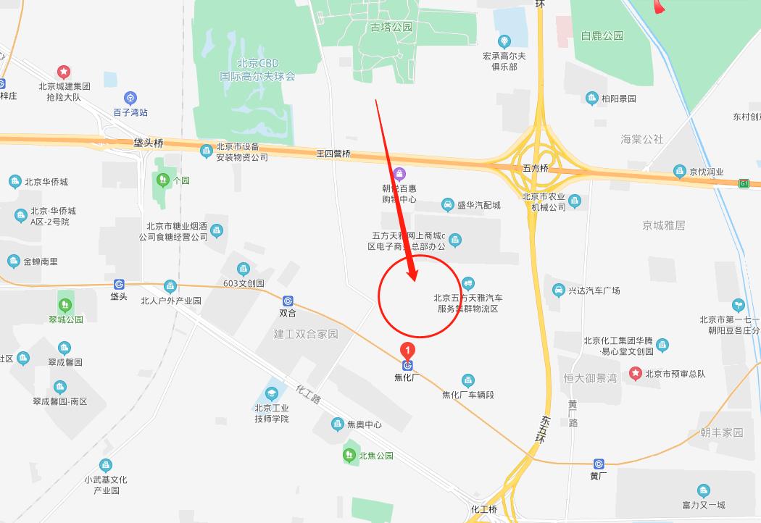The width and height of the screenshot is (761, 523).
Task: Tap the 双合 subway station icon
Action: point(288,301)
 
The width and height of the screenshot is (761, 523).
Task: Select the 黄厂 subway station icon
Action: point(599,464)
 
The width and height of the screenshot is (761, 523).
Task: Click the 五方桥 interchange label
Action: point(536,168)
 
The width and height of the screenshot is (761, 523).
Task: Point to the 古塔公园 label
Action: point(391,27)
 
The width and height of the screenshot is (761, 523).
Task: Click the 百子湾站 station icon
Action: point(130,98)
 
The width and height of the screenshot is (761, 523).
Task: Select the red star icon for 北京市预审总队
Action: point(636,374)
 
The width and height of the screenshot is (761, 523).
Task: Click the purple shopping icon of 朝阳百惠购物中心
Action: point(399,174)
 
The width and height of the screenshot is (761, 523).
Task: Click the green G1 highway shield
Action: point(744,183)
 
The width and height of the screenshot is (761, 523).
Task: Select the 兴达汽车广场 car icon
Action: point(558,290)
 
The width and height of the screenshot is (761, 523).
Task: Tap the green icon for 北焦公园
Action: point(349,456)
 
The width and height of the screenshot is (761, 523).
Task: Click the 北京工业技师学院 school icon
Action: point(272,395)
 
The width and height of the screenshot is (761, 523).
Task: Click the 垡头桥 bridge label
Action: point(148,143)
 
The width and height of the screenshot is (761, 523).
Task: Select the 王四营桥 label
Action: point(333,154)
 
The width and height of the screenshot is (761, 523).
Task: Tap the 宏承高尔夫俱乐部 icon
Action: point(504,41)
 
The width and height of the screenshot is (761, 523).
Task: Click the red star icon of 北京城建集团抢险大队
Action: point(64,72)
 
